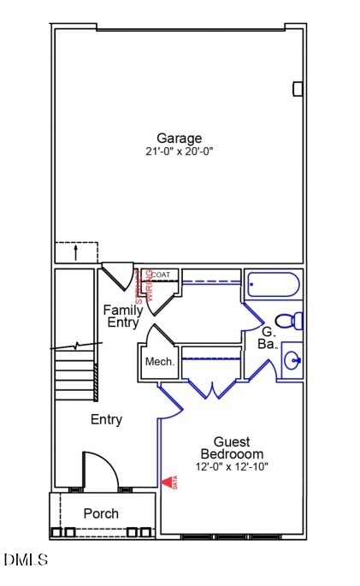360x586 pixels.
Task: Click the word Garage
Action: (x=179, y=138)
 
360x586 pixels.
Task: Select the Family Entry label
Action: (x=123, y=316)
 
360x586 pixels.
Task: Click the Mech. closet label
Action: (x=159, y=362)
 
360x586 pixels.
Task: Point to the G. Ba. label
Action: (x=267, y=337)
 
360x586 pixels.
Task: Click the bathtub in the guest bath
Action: (x=273, y=286)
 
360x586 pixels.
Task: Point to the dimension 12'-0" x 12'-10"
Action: (x=232, y=467)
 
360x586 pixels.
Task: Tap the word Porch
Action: (x=100, y=513)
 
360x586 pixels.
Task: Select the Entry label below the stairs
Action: (x=106, y=420)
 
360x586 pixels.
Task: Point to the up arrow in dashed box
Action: (x=75, y=253)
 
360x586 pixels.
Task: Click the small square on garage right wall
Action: (x=298, y=88)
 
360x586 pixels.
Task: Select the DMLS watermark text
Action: (x=26, y=560)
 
